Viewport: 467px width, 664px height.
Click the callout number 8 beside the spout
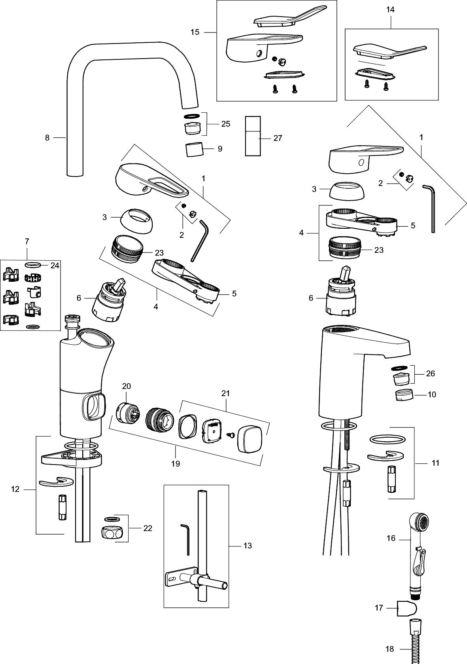coord(47,138)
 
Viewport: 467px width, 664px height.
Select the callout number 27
coord(278,138)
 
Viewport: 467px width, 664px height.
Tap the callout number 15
coord(195,32)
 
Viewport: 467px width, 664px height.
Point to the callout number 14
coord(390,9)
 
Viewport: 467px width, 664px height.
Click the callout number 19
coord(175,463)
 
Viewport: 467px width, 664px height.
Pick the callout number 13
coord(248,546)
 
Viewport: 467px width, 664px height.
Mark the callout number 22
coord(147,528)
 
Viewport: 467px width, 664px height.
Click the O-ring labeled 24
coord(33,264)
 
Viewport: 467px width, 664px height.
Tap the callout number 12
coord(15,489)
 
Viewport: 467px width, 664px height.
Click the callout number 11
coord(435,463)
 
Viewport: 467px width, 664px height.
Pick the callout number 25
coord(225,124)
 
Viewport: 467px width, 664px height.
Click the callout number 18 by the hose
coord(390,649)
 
